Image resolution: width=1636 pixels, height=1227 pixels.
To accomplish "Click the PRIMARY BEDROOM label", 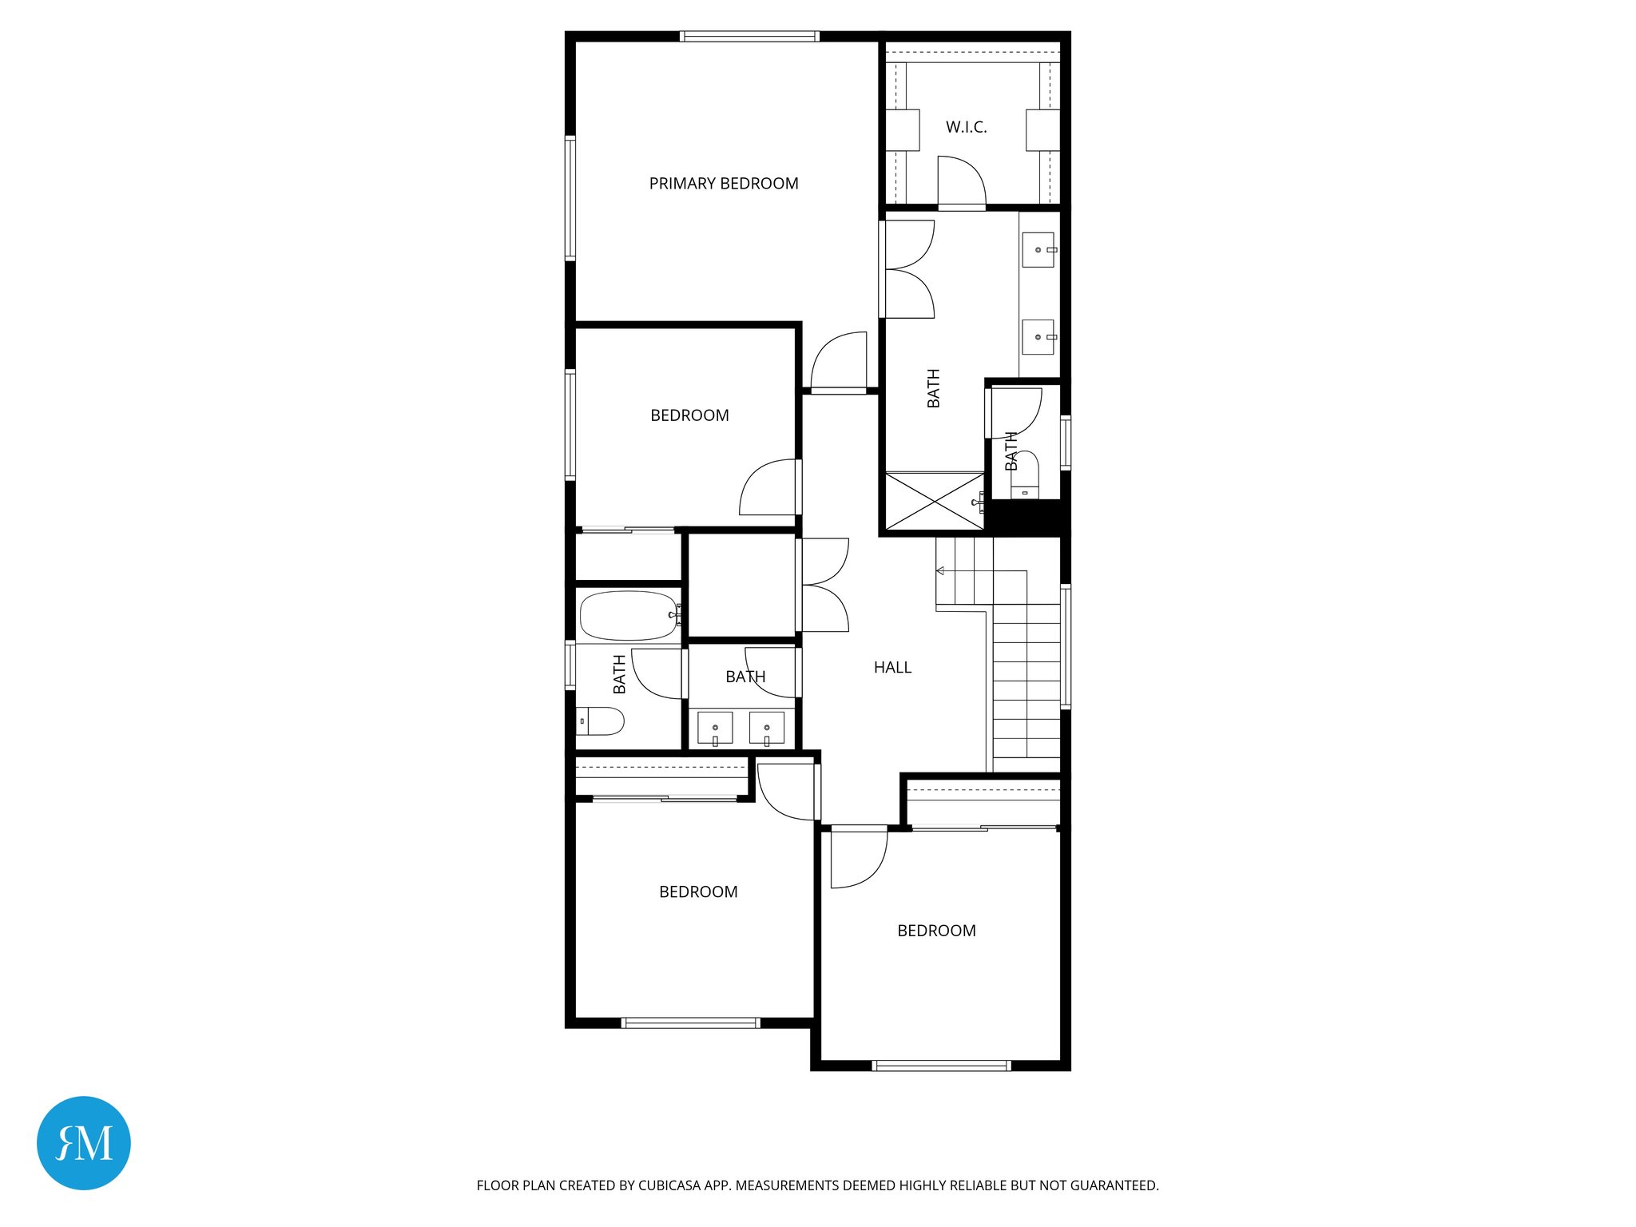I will (724, 184).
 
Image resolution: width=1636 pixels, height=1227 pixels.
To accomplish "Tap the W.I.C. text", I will (966, 127).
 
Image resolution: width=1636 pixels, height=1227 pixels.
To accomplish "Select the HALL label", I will (892, 668).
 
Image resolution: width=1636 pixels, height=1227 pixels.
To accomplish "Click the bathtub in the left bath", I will (628, 616).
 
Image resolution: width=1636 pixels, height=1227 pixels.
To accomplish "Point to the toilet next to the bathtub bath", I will (600, 721).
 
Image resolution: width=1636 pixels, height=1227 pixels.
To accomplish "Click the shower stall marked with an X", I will (935, 502).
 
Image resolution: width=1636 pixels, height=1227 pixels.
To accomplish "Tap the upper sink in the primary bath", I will (1038, 250).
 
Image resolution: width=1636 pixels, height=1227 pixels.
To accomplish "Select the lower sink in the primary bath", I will (1038, 337).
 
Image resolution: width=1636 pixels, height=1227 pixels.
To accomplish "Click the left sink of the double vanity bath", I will (715, 728).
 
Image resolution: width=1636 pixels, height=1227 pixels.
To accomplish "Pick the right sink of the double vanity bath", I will (767, 728).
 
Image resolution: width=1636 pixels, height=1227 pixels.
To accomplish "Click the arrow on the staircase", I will (941, 570).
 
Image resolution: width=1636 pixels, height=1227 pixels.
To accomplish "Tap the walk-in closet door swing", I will (961, 182).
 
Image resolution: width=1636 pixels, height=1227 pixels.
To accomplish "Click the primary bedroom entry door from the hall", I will (839, 362).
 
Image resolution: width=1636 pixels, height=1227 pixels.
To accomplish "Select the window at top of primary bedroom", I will (749, 36).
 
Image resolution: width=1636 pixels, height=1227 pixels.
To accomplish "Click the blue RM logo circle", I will (84, 1142).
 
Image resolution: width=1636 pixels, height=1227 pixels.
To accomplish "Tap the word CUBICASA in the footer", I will (669, 1185).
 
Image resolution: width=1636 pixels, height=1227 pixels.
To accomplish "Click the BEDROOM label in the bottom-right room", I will (936, 931).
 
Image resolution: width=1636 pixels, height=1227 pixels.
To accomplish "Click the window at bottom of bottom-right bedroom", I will (941, 1066).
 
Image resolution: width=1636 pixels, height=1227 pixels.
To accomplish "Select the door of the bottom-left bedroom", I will (787, 791).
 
